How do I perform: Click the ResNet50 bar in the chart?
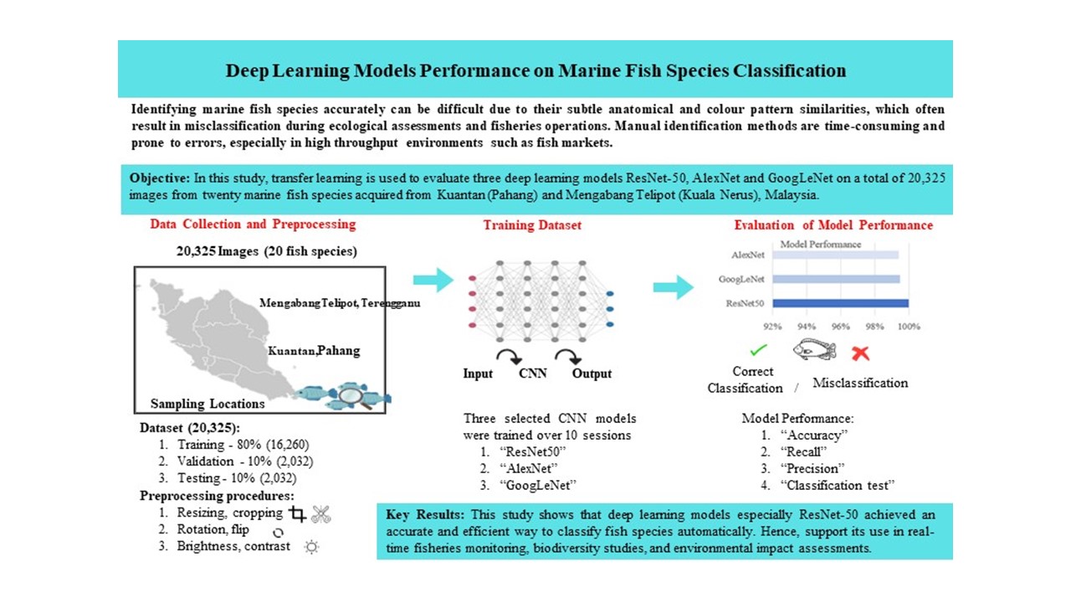[x=840, y=303]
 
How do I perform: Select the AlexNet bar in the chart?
[x=835, y=255]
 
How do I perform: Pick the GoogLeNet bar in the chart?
[x=836, y=279]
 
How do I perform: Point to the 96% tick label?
[x=841, y=327]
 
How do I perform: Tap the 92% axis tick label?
[x=772, y=327]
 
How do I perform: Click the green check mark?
[x=758, y=350]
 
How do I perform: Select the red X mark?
[x=860, y=353]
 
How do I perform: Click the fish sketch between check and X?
[x=814, y=349]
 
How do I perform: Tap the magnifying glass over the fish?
[x=354, y=398]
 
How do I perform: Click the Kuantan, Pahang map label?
[x=314, y=351]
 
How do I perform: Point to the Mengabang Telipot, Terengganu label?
[x=340, y=303]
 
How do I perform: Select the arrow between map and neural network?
[x=433, y=280]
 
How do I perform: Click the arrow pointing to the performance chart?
[x=674, y=287]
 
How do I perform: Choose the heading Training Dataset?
[x=532, y=225]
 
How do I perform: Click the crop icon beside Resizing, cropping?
[x=297, y=514]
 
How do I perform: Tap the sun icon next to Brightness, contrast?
[x=311, y=547]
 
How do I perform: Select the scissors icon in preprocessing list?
[x=320, y=514]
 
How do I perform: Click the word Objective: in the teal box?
[x=160, y=178]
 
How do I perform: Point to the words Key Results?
[x=425, y=514]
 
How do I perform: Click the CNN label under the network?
[x=533, y=374]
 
